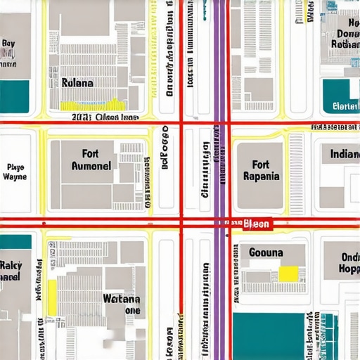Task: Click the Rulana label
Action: (x=77, y=82)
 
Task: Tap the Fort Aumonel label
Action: (x=91, y=160)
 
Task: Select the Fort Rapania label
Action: (x=261, y=171)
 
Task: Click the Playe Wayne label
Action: (x=15, y=172)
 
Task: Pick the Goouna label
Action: (x=266, y=252)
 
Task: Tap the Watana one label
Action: (x=122, y=304)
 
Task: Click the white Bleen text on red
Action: (x=256, y=224)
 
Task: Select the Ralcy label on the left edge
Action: (x=11, y=271)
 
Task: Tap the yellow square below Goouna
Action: (x=288, y=274)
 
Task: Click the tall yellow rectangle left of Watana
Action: (x=52, y=297)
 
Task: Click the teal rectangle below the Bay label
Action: (x=15, y=96)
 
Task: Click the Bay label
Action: (x=8, y=43)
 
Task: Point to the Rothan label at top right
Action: (x=345, y=44)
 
